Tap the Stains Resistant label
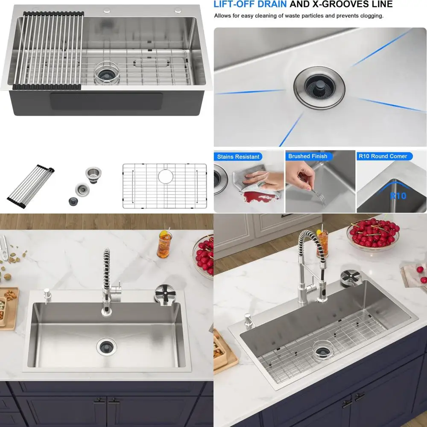click(238, 157)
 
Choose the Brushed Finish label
click(307, 156)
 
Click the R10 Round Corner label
click(383, 156)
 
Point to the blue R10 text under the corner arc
click(398, 196)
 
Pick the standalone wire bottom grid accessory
click(164, 186)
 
